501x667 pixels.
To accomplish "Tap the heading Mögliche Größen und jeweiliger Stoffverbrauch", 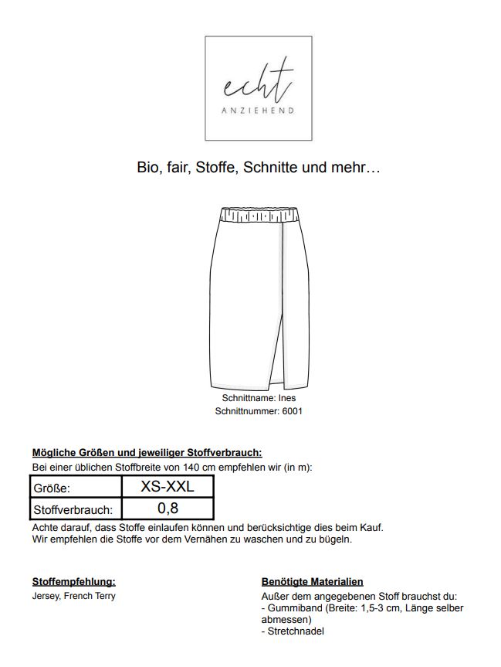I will coord(147,453).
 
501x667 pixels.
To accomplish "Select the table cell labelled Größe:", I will coord(76,488).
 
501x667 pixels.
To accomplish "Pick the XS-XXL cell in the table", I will coord(168,487).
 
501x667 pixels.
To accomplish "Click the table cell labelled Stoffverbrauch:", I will coord(76,510).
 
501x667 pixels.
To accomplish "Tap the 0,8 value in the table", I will coord(168,509).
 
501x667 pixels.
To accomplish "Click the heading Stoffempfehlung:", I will coord(73,581).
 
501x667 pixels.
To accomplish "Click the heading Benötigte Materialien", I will coord(313,581).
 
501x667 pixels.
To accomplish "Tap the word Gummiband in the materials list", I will coord(294,608).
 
